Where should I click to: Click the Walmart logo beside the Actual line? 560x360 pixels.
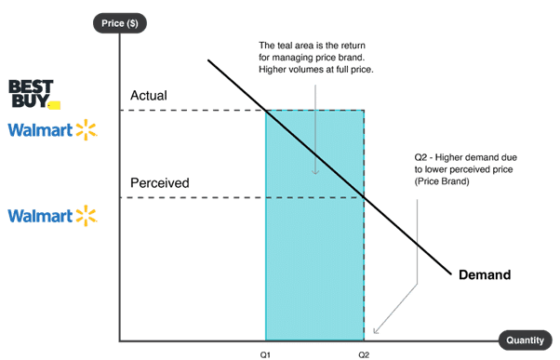click(52, 130)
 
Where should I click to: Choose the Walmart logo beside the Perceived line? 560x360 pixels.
click(52, 217)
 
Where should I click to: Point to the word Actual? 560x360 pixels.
click(150, 96)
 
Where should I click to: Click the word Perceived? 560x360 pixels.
click(160, 183)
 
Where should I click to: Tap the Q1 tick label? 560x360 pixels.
click(265, 353)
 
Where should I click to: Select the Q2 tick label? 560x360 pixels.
click(363, 353)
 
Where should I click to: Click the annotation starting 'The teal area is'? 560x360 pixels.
click(314, 58)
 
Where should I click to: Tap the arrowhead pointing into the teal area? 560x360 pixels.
click(315, 171)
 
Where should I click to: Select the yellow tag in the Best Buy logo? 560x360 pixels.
click(53, 105)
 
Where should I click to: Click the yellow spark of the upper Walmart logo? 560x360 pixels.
click(87, 129)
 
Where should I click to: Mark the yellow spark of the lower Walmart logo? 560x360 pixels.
click(87, 217)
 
